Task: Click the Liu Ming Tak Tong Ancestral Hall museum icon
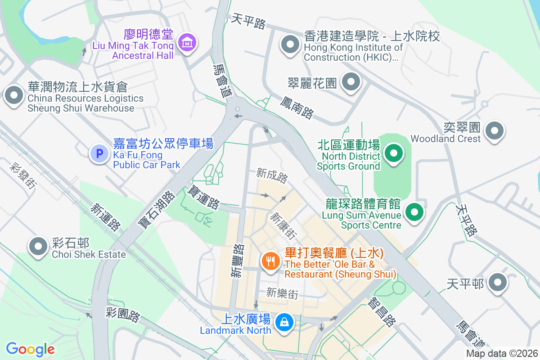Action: click(x=186, y=43)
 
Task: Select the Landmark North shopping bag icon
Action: click(x=284, y=322)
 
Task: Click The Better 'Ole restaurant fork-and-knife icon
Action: click(x=270, y=261)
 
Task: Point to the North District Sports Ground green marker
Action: click(x=394, y=154)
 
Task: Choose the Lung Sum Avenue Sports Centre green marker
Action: click(x=414, y=212)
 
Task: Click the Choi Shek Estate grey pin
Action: click(x=38, y=246)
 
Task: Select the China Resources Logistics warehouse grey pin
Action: click(x=14, y=95)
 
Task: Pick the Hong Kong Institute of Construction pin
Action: click(x=290, y=45)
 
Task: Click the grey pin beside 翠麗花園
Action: click(x=351, y=82)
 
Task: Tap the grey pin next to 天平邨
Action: click(x=497, y=283)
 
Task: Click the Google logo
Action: click(x=31, y=349)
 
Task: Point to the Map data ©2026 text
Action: click(x=501, y=354)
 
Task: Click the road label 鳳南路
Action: click(x=297, y=107)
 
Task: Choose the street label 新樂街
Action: click(x=282, y=293)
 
